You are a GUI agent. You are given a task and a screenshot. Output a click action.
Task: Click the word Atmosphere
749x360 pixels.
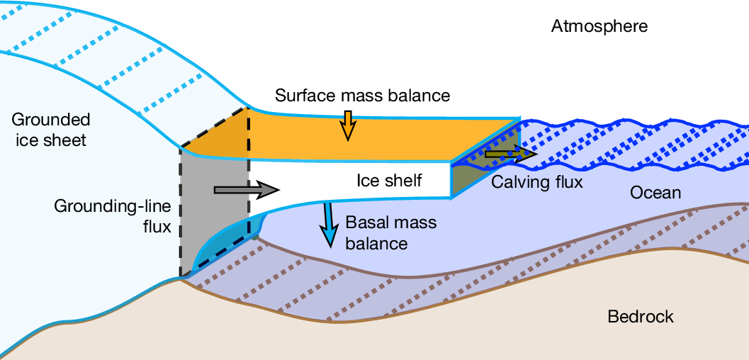[599, 27]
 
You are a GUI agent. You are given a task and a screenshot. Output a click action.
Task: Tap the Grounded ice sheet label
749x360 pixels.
[50, 129]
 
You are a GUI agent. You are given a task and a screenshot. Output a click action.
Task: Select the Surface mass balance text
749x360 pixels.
[363, 95]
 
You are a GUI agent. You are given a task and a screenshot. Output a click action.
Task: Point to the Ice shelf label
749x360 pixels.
[388, 181]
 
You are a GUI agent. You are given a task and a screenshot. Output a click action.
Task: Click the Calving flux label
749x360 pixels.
[536, 182]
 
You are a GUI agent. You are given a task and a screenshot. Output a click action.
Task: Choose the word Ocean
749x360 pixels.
[655, 193]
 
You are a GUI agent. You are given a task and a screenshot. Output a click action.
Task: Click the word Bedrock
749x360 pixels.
[641, 316]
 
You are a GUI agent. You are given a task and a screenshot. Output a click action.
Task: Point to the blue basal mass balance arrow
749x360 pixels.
[329, 224]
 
